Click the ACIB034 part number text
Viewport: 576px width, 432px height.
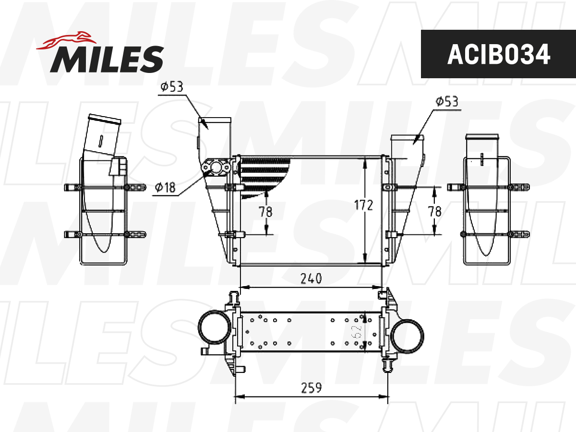tap(498, 54)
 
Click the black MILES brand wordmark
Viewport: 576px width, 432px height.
tap(107, 60)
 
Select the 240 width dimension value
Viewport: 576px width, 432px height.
tap(311, 279)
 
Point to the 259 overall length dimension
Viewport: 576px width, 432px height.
tap(311, 388)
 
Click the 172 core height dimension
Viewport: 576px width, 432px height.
tap(363, 205)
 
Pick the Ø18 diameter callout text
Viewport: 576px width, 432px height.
tap(165, 187)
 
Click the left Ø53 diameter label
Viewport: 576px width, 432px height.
tap(172, 86)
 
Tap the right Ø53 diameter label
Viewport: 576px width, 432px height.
tap(447, 101)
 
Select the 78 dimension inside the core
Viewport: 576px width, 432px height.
tap(265, 212)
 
